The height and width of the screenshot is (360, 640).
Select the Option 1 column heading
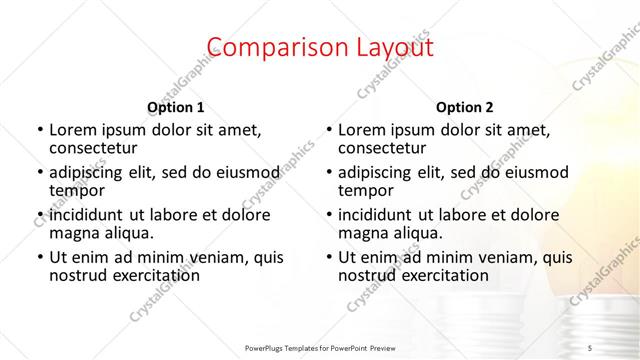(x=175, y=107)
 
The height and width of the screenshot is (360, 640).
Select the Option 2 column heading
(x=464, y=107)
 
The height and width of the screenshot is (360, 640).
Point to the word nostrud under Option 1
(x=76, y=275)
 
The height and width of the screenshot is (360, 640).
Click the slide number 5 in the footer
(x=590, y=346)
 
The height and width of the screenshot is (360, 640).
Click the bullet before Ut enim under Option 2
(x=329, y=257)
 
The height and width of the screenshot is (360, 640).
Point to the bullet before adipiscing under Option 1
(x=40, y=171)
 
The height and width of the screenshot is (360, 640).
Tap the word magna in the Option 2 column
(x=362, y=233)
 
